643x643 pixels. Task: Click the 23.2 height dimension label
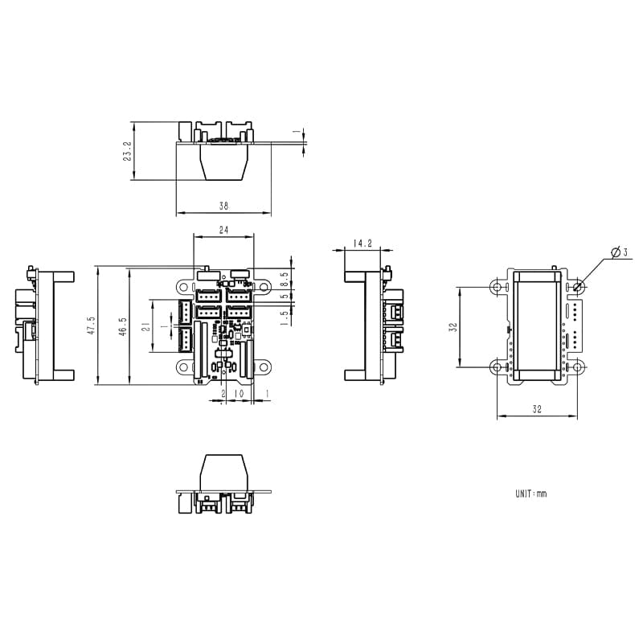127,152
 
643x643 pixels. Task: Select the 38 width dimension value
223,207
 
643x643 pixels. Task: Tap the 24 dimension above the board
224,230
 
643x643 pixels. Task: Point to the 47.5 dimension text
91,325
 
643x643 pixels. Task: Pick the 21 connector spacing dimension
145,326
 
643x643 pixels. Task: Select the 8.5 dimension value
284,277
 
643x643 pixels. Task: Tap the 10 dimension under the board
238,394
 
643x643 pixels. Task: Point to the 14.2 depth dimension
362,243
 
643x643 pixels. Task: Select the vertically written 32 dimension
453,327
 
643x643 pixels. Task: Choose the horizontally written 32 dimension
536,410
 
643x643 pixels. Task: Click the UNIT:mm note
530,494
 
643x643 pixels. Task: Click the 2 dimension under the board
223,394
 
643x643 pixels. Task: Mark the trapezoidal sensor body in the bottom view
224,471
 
